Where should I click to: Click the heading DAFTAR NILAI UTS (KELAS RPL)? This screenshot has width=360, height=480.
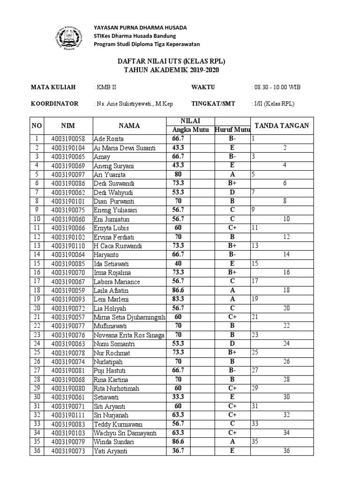click(x=171, y=61)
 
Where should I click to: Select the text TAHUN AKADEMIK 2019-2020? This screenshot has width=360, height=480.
click(x=171, y=70)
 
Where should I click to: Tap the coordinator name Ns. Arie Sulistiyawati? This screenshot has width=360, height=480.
click(x=133, y=104)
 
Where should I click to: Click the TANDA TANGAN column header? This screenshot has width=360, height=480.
click(x=281, y=126)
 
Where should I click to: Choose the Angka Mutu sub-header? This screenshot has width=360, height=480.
click(x=189, y=130)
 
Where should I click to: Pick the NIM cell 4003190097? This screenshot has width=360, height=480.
click(x=68, y=174)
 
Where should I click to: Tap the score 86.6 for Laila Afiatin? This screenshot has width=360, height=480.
click(x=178, y=290)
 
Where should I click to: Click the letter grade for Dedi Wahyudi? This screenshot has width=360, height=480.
click(x=232, y=192)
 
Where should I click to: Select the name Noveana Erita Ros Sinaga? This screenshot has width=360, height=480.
click(x=129, y=335)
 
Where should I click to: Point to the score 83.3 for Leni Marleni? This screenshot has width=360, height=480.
click(x=178, y=299)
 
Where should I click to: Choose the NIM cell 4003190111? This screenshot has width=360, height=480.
click(x=68, y=415)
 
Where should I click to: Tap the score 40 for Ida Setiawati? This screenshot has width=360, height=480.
click(x=178, y=263)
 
